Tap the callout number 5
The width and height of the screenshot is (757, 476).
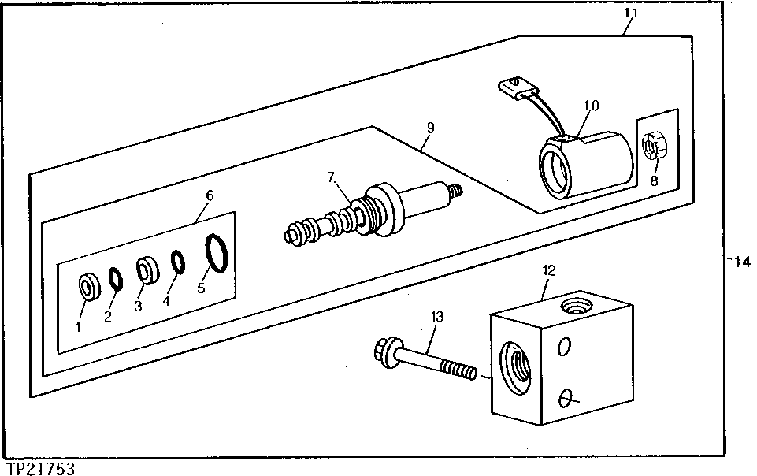(201, 289)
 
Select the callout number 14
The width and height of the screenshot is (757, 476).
(742, 263)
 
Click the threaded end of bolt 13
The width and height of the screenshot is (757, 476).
(458, 370)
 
